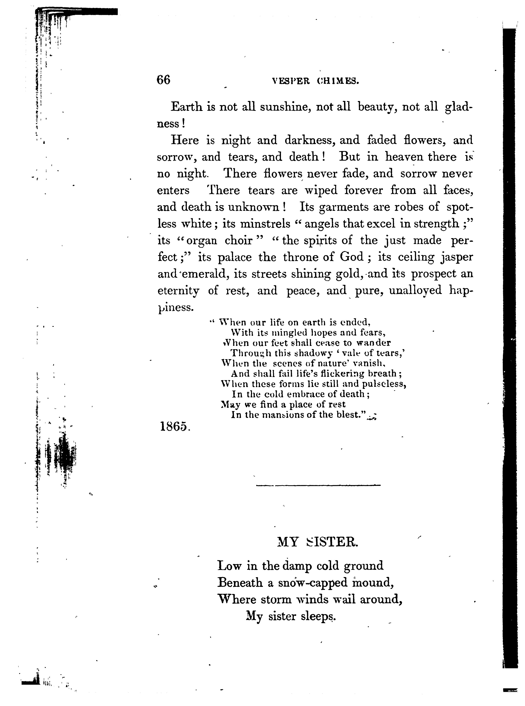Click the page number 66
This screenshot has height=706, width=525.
[x=163, y=80]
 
